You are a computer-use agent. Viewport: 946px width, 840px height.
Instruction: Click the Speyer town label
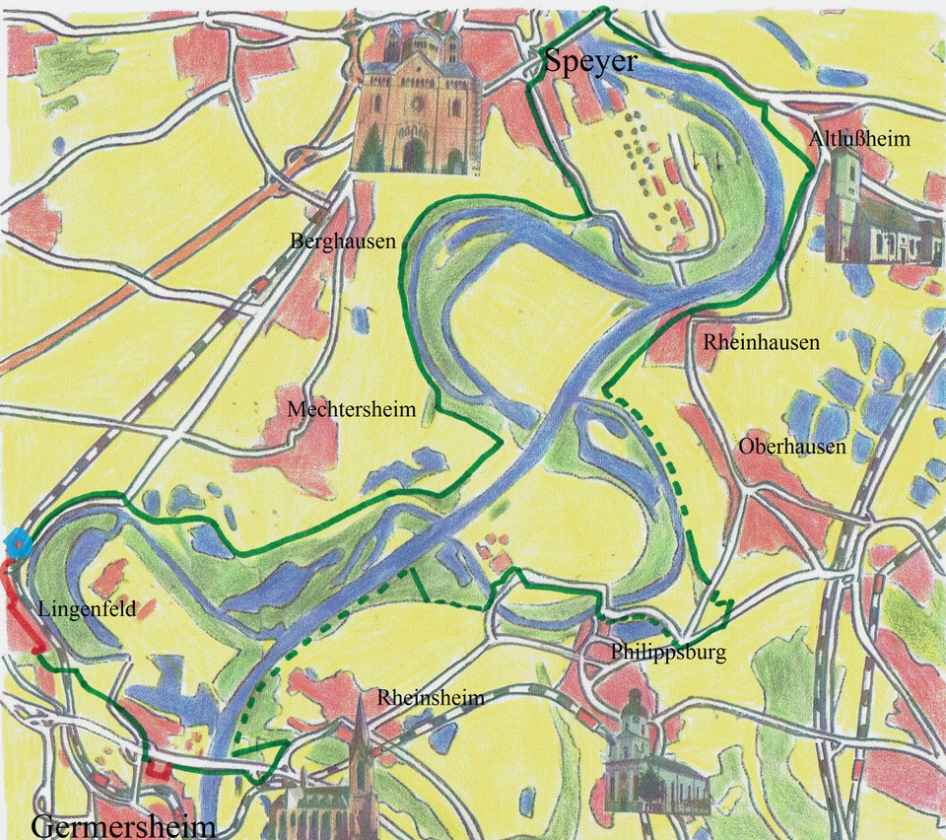(x=591, y=64)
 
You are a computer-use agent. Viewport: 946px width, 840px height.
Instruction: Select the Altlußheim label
(x=859, y=139)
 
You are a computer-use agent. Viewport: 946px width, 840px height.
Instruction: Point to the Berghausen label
(x=343, y=241)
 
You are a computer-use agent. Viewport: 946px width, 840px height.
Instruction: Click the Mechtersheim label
(x=352, y=409)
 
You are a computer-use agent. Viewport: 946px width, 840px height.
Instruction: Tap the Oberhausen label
(x=792, y=447)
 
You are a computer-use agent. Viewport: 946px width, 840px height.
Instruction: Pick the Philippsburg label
(x=668, y=653)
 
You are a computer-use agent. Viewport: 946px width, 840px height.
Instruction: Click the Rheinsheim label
(x=431, y=698)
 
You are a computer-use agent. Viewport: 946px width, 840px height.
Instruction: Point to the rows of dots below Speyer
(x=650, y=168)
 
